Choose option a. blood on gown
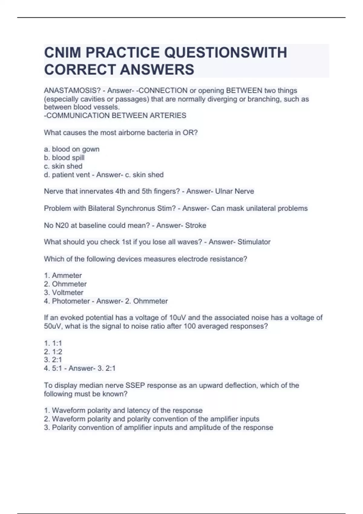72,149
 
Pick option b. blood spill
64,158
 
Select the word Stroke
195,225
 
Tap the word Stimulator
254,242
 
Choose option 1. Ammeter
63,275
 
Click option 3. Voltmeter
64,292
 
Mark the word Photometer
71,301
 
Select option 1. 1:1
53,343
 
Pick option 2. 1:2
53,352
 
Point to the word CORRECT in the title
80,70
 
